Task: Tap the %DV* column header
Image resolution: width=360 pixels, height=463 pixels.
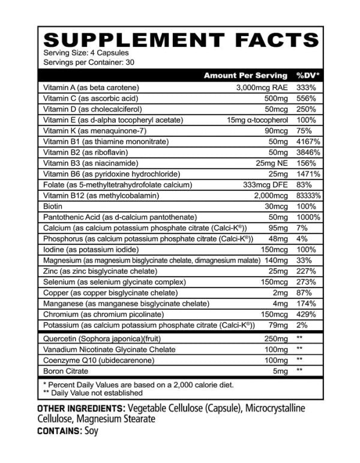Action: pyautogui.click(x=308, y=76)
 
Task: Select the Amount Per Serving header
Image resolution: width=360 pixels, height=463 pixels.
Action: pyautogui.click(x=245, y=76)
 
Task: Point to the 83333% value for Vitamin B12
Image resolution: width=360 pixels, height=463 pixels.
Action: pyautogui.click(x=308, y=196)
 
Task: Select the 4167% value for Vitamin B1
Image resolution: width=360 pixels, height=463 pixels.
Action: pyautogui.click(x=308, y=141)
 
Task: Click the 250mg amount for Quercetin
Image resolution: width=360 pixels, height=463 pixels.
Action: pyautogui.click(x=276, y=339)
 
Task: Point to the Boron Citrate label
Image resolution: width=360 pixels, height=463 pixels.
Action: pyautogui.click(x=67, y=371)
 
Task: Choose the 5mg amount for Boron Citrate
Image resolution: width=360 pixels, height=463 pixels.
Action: pyautogui.click(x=280, y=371)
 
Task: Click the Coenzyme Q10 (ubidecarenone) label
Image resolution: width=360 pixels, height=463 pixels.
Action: pyautogui.click(x=95, y=360)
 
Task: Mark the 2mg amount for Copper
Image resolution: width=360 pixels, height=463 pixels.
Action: pyautogui.click(x=280, y=293)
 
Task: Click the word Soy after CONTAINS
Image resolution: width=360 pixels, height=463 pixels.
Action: pyautogui.click(x=91, y=431)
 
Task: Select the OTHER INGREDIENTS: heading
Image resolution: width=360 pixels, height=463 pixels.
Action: pyautogui.click(x=82, y=408)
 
